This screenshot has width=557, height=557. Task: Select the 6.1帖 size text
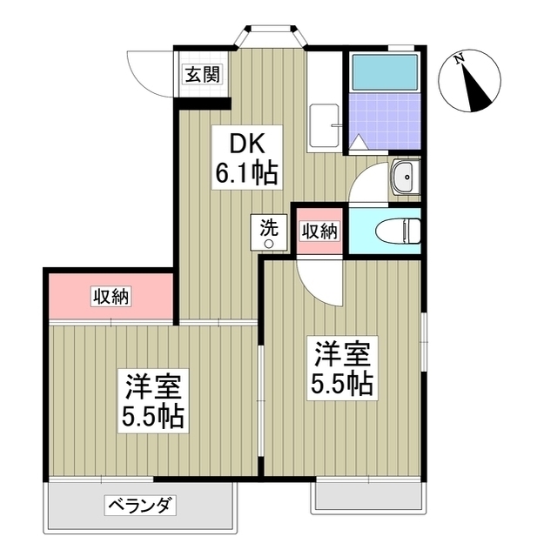(246, 173)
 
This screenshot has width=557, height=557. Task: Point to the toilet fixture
(398, 231)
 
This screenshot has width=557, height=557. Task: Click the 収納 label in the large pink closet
(111, 297)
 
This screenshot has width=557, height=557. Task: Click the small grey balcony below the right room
(371, 495)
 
